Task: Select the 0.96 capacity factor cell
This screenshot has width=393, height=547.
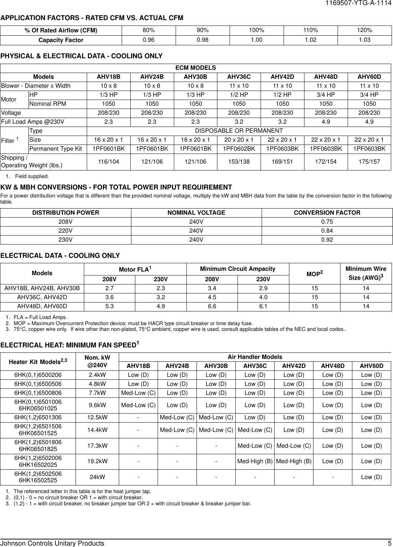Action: click(x=149, y=40)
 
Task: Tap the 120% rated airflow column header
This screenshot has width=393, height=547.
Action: click(x=365, y=30)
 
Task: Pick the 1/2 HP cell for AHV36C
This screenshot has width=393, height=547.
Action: click(x=239, y=95)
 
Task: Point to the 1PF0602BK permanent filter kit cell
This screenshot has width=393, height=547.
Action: click(x=239, y=149)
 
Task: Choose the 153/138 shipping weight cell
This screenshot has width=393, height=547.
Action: click(x=239, y=162)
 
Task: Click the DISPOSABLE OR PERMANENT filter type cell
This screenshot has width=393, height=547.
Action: click(x=239, y=131)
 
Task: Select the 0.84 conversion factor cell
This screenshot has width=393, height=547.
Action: click(x=327, y=231)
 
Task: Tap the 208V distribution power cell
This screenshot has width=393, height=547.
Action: click(x=65, y=222)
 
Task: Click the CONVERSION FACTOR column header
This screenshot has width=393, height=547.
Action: click(x=327, y=213)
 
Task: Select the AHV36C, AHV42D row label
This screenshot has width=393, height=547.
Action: click(x=42, y=297)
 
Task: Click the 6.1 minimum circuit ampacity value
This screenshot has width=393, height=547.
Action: click(x=263, y=306)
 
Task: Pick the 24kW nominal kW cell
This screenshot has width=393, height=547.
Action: click(x=97, y=477)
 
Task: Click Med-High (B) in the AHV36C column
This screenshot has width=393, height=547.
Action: click(x=254, y=461)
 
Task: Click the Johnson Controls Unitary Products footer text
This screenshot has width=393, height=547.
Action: click(x=53, y=543)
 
